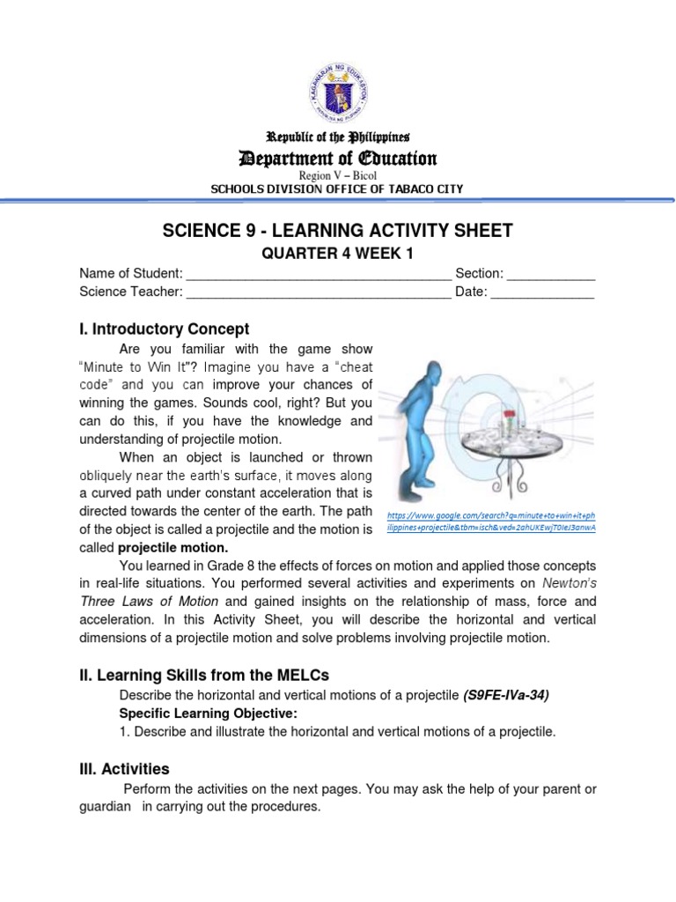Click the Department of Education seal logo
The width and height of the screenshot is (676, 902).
(x=338, y=90)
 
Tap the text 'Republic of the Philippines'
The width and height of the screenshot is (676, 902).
(x=338, y=137)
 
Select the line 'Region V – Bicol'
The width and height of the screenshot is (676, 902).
(x=338, y=175)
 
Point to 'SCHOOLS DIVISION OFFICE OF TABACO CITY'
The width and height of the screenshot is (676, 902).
(x=338, y=189)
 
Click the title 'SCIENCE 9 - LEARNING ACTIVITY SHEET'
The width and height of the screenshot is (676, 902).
(x=338, y=232)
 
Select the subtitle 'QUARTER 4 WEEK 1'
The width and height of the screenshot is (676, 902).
(x=338, y=255)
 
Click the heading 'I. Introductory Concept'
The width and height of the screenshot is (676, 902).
(x=165, y=329)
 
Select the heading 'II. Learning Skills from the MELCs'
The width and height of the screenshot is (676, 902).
(x=204, y=676)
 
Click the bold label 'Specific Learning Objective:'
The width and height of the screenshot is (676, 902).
(x=209, y=713)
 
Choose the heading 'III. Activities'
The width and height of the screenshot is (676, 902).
(x=124, y=769)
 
